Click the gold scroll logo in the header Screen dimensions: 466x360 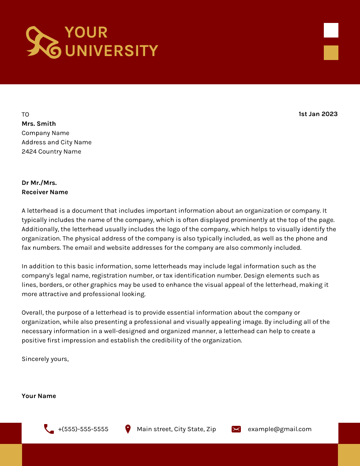(43, 42)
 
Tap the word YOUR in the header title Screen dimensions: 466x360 (86, 32)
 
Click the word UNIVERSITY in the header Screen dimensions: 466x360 (112, 51)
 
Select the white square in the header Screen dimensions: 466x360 (331, 30)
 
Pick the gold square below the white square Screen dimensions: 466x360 (331, 53)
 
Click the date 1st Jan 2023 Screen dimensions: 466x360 (318, 114)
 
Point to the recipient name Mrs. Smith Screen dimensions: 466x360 (39, 124)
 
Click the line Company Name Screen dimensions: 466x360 (45, 133)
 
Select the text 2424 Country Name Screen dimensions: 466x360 (51, 151)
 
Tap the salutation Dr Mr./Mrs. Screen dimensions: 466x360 (39, 183)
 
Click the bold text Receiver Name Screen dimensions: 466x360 (45, 192)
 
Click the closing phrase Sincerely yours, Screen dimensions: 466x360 (45, 359)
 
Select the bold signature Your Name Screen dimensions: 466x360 (39, 396)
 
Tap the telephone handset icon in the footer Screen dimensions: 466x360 (49, 429)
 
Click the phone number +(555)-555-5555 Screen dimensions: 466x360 (83, 429)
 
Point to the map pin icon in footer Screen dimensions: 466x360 (128, 429)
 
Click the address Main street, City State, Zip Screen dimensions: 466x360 (176, 429)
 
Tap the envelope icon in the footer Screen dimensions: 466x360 (236, 429)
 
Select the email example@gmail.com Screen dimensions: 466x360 (279, 429)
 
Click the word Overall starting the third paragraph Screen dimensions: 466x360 (32, 312)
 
